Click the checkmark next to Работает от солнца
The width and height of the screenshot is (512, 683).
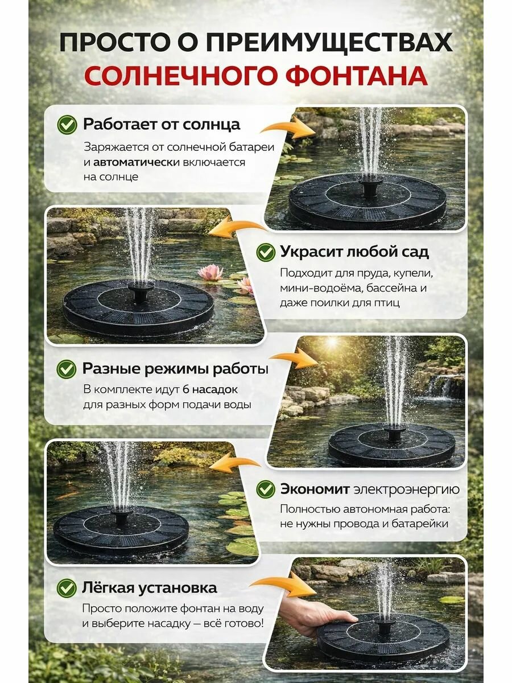click(x=67, y=125)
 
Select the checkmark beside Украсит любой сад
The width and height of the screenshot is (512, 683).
click(x=266, y=252)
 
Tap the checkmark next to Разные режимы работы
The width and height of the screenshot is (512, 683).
click(x=67, y=369)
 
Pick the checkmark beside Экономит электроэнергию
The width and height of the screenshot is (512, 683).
click(x=266, y=489)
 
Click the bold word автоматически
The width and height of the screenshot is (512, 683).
click(x=137, y=162)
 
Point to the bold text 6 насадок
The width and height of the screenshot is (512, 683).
click(x=210, y=389)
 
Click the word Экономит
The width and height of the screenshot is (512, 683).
click(x=315, y=489)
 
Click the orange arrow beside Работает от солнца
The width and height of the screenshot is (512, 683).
click(x=288, y=128)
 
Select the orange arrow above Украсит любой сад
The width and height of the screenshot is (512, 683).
click(x=237, y=228)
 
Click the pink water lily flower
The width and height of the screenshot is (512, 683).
click(x=210, y=271)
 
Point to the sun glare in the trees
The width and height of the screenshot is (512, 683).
click(x=332, y=343)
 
